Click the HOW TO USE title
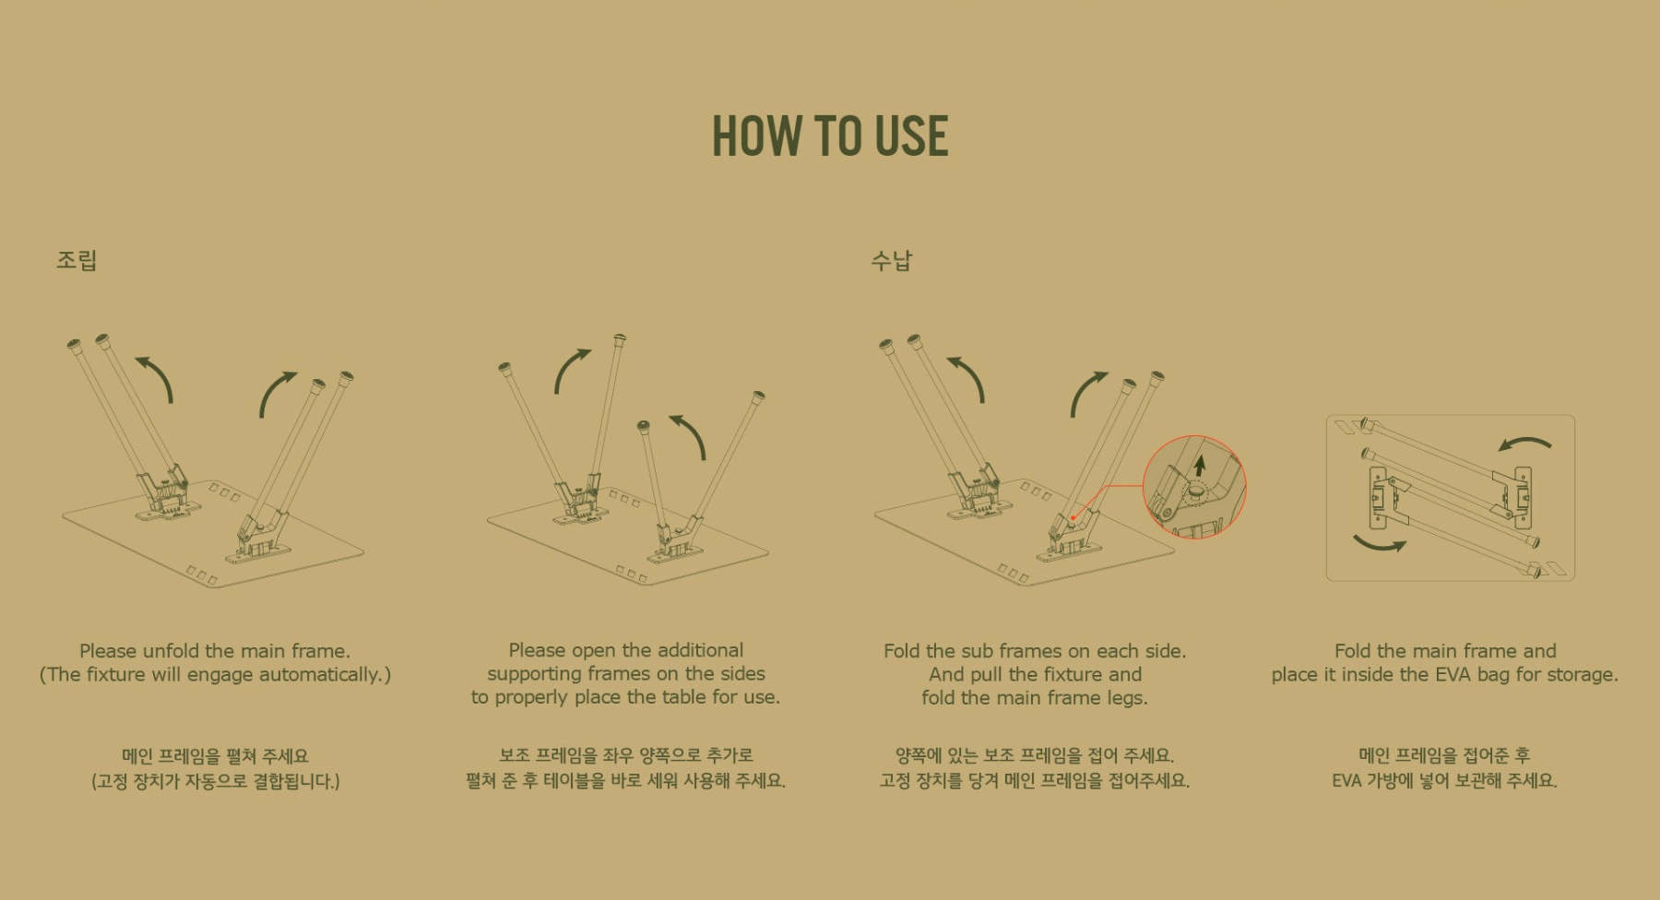830,136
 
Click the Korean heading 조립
77,260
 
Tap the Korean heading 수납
891,260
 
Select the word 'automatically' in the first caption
319,675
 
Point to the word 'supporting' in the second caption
532,674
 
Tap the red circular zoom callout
1195,487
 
